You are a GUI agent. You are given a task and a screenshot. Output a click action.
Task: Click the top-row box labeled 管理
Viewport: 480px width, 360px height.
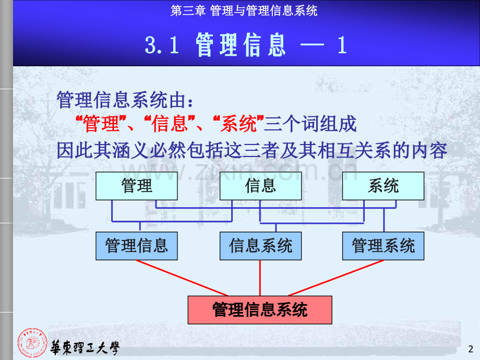tap(137, 186)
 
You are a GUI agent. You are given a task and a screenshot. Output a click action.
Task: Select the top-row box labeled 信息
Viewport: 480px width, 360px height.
tap(260, 186)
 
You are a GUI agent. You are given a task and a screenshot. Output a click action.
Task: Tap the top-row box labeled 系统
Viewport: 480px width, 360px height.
tap(383, 186)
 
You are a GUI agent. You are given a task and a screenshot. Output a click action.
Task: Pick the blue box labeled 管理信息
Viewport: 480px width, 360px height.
tap(137, 246)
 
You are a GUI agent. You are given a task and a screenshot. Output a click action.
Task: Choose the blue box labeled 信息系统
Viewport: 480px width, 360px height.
tap(260, 246)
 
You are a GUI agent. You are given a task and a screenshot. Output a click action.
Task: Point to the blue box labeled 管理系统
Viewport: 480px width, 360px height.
tap(383, 246)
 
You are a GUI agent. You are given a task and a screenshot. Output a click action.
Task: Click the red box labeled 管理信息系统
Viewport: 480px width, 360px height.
tap(260, 310)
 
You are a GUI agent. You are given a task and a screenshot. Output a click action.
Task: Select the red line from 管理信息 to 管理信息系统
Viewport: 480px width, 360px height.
tap(182, 278)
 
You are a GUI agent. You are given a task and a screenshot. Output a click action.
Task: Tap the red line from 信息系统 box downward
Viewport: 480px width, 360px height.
tap(260, 278)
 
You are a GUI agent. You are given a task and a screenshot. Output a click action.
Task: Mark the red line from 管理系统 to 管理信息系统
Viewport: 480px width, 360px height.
tap(336, 278)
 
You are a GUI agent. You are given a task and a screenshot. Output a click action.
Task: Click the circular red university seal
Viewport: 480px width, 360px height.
tap(32, 343)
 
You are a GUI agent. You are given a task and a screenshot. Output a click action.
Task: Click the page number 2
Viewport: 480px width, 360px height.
tap(471, 349)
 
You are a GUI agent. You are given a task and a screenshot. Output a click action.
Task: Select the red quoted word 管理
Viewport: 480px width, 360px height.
tap(101, 124)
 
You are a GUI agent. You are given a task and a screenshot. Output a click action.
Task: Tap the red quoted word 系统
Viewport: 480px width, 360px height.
tap(238, 124)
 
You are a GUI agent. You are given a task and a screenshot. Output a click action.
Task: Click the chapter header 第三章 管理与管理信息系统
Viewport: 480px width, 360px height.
tap(244, 11)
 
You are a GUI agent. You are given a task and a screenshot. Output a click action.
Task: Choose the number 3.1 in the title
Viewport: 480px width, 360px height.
tap(162, 45)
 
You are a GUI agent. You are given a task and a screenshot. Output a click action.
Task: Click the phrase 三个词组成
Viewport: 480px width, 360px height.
tap(310, 124)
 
